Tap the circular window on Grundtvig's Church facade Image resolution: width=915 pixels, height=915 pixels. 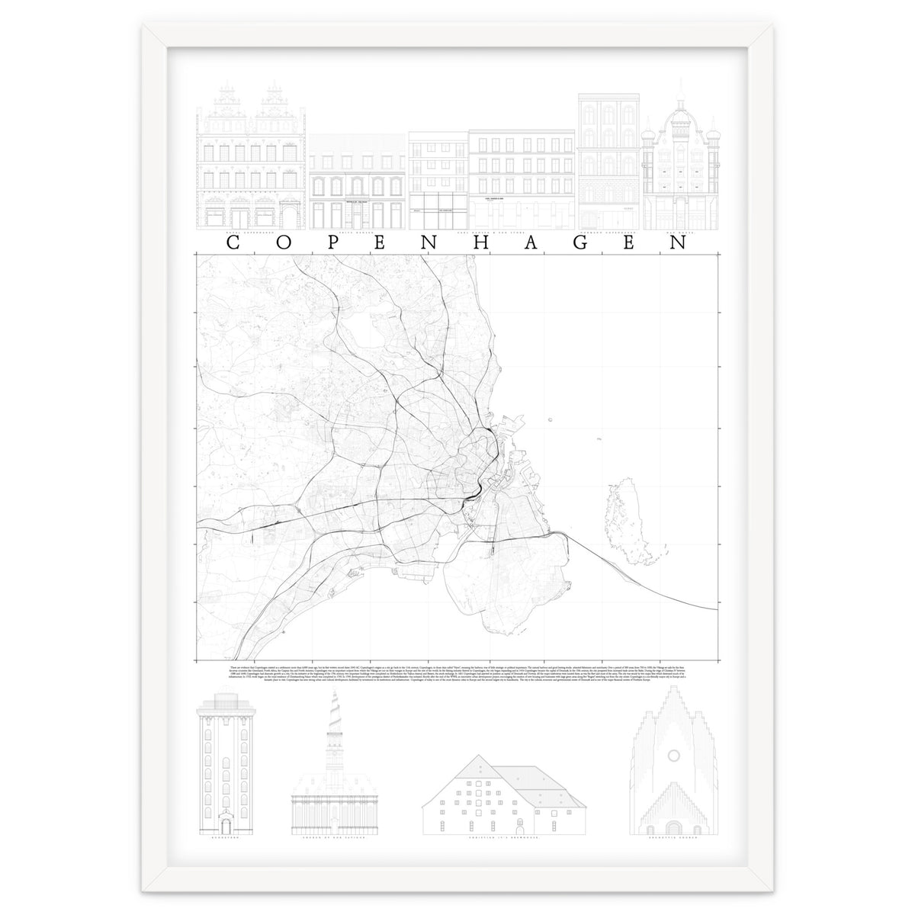coord(673,756)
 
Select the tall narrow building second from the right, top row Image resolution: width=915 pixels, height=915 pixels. coord(608,160)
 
